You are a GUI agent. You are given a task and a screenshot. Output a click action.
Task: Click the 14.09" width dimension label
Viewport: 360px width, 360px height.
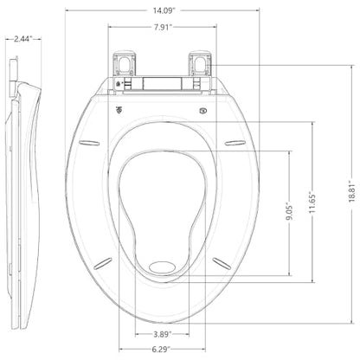(164, 10)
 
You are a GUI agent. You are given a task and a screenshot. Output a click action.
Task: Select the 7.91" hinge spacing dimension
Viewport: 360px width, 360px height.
(163, 28)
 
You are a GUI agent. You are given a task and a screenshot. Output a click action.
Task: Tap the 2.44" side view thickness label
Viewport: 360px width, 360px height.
(23, 39)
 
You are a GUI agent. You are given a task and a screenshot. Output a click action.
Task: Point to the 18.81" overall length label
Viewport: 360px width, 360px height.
(351, 191)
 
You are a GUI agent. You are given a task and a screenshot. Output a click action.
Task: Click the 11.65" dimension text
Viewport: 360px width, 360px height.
(312, 202)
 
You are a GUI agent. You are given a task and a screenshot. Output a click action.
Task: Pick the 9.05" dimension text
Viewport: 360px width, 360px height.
(289, 212)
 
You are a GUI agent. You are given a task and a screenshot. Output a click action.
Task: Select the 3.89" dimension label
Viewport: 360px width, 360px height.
(163, 334)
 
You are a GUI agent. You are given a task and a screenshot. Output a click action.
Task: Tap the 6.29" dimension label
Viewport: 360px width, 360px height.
(162, 350)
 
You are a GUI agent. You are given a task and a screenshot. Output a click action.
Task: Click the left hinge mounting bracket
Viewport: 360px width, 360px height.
(125, 63)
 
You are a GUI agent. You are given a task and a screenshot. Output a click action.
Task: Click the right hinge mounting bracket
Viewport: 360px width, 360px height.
(200, 63)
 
